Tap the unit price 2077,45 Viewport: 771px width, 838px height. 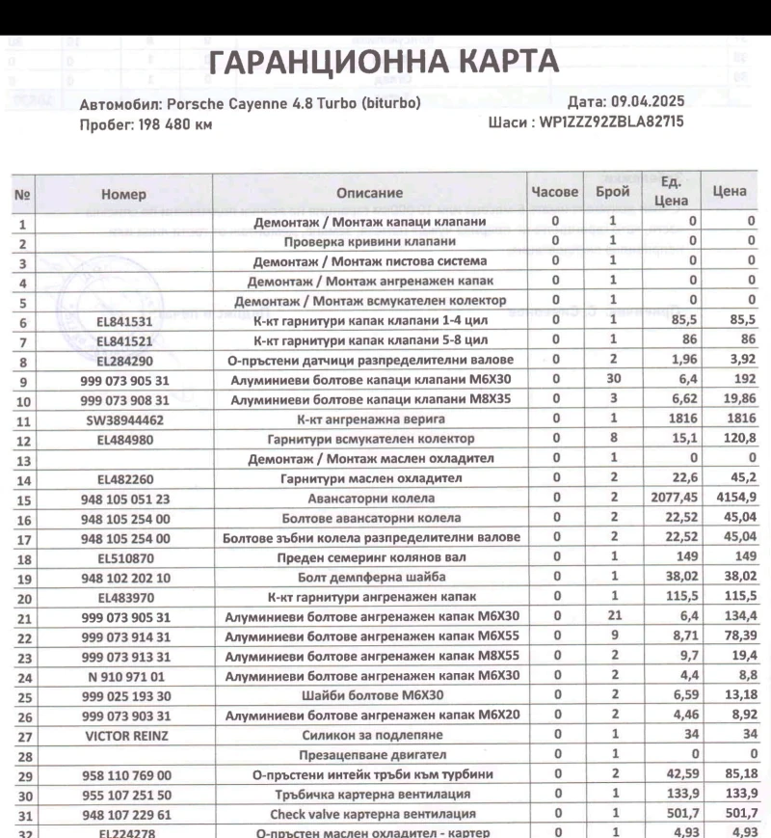[670, 500]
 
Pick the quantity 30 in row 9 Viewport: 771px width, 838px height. [613, 381]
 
